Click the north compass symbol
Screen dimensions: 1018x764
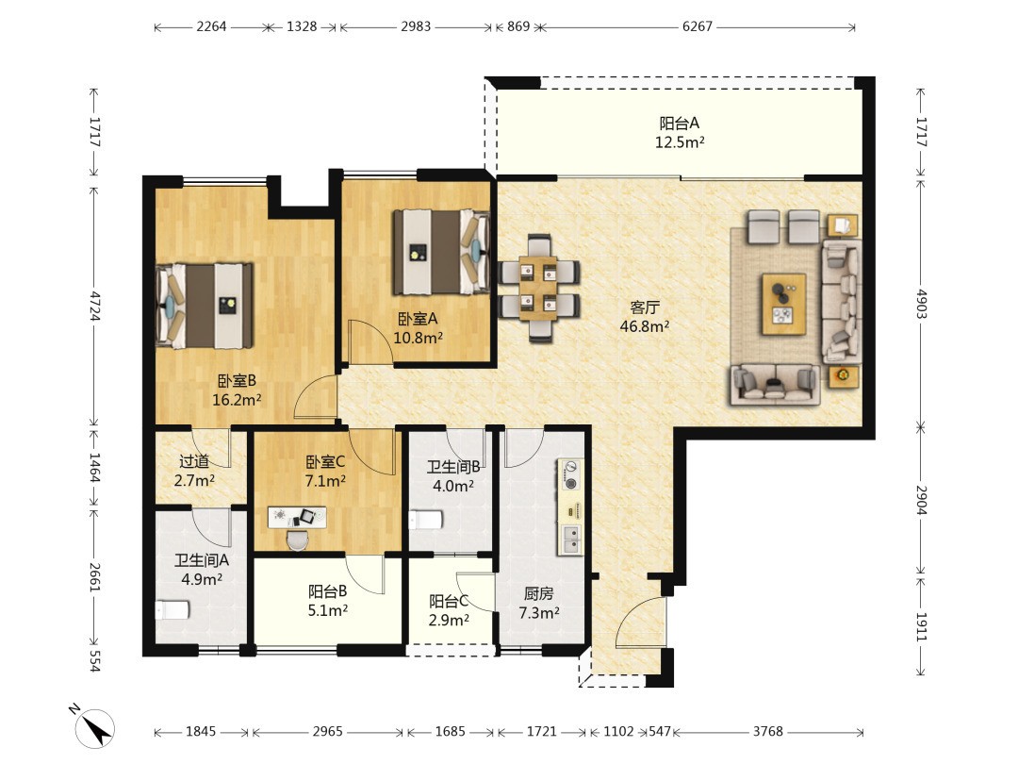coord(94,727)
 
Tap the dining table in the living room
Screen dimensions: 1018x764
coord(538,287)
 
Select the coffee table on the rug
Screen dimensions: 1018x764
coord(783,304)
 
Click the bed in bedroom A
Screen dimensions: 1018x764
coord(441,252)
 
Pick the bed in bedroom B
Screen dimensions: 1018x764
coord(205,306)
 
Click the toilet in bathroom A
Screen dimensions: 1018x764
coord(172,610)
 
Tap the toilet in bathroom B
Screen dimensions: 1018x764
coord(425,520)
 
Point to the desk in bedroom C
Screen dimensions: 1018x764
coord(297,517)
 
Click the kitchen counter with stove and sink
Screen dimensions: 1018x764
coord(570,507)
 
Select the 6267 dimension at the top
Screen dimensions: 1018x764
coord(698,26)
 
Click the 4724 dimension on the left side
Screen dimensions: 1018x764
coord(95,306)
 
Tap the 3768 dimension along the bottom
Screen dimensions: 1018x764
coord(768,732)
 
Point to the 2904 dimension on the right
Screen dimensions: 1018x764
coord(921,500)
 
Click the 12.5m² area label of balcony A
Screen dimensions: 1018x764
coord(680,142)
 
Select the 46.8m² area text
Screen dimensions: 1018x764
coord(645,326)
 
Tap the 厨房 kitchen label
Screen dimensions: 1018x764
coord(539,594)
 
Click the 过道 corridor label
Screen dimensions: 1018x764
coord(194,461)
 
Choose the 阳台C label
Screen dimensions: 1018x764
coord(449,602)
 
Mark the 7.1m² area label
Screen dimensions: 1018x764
coord(325,481)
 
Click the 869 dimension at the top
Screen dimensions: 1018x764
coord(518,26)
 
